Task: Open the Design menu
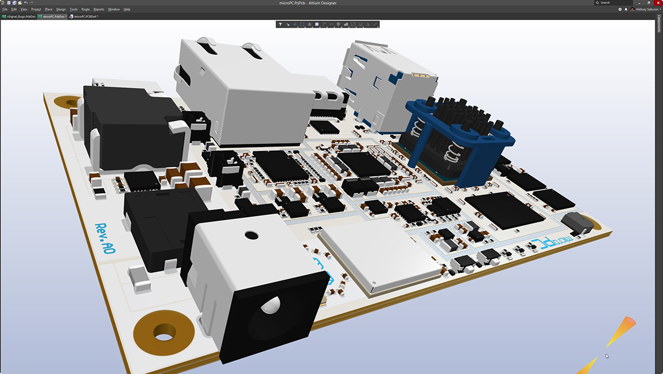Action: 61,9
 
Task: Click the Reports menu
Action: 99,9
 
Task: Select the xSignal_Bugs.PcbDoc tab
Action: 20,17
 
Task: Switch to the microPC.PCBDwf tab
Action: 84,17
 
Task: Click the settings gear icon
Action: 620,9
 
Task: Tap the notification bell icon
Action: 626,9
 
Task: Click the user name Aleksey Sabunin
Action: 648,9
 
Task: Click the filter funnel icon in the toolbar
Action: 280,25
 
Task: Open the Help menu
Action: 127,9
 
